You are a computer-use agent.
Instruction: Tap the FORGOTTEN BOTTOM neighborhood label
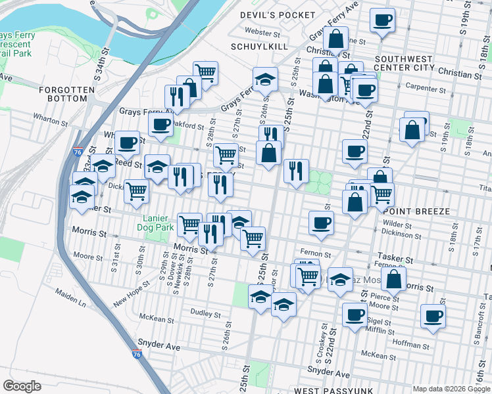(x=62, y=94)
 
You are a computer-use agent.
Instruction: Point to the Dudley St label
(x=205, y=313)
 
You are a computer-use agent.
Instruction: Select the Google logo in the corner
(x=22, y=386)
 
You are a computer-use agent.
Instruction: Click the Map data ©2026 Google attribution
(x=451, y=389)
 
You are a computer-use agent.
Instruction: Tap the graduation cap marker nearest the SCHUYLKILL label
(x=265, y=79)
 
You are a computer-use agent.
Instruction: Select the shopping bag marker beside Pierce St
(x=393, y=278)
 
